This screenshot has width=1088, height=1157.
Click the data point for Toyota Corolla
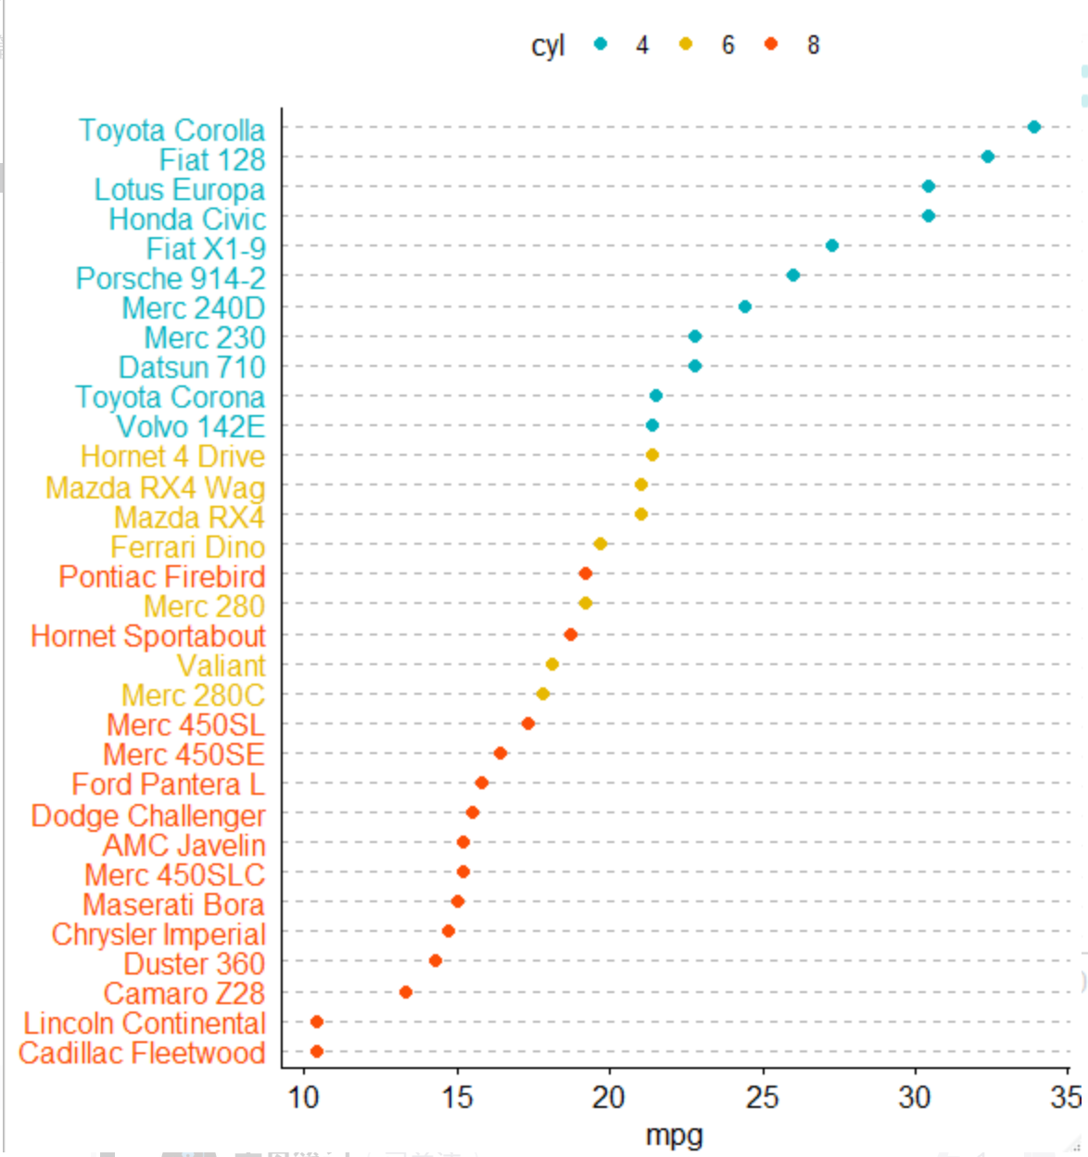tap(1034, 127)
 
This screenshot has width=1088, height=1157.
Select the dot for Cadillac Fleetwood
tap(317, 1051)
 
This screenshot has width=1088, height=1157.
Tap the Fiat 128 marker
tap(988, 157)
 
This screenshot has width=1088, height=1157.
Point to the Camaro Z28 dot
tap(406, 992)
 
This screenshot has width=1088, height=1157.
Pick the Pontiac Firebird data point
tap(586, 573)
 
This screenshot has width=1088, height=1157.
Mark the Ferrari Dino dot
tap(601, 544)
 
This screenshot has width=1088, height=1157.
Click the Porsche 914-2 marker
tap(793, 275)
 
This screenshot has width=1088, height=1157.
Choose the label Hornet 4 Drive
tap(172, 457)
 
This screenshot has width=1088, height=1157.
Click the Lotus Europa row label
tap(180, 190)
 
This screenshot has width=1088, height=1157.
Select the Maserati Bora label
tap(173, 904)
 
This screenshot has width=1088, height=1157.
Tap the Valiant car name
tap(221, 666)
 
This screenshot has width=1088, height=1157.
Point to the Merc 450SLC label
tap(174, 874)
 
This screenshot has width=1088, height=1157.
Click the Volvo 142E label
tap(191, 427)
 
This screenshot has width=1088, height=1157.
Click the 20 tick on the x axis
tap(609, 1098)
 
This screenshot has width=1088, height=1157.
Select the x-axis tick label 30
tap(915, 1098)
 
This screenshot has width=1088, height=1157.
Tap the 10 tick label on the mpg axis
tap(303, 1098)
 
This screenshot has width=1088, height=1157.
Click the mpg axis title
tap(674, 1135)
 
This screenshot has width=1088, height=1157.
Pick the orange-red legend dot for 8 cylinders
tap(771, 44)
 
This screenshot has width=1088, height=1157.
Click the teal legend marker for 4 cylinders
tap(601, 44)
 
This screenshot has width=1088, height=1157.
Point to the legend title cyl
tap(548, 45)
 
